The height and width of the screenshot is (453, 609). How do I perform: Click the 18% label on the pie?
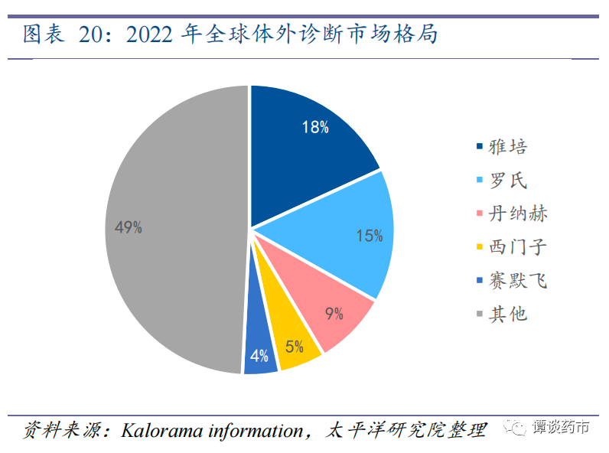coord(315,128)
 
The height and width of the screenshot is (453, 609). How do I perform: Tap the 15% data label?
coord(369,236)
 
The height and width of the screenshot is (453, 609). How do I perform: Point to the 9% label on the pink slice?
coord(334,313)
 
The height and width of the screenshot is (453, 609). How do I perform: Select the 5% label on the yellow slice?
coord(295,346)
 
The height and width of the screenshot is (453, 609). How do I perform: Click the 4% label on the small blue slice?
coord(259,356)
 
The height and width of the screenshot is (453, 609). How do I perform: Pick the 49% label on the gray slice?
coord(128,227)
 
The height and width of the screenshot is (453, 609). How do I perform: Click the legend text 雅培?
coord(509,146)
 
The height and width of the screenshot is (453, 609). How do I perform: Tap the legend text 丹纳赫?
coord(519,213)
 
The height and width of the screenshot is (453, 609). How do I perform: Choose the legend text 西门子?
coord(519,247)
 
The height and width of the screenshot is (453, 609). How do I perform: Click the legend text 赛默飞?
coord(519,281)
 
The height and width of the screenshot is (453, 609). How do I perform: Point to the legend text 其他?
coord(509,314)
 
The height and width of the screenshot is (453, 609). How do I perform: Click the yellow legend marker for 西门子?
coord(480,247)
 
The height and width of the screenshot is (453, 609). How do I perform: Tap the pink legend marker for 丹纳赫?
coord(480,213)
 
